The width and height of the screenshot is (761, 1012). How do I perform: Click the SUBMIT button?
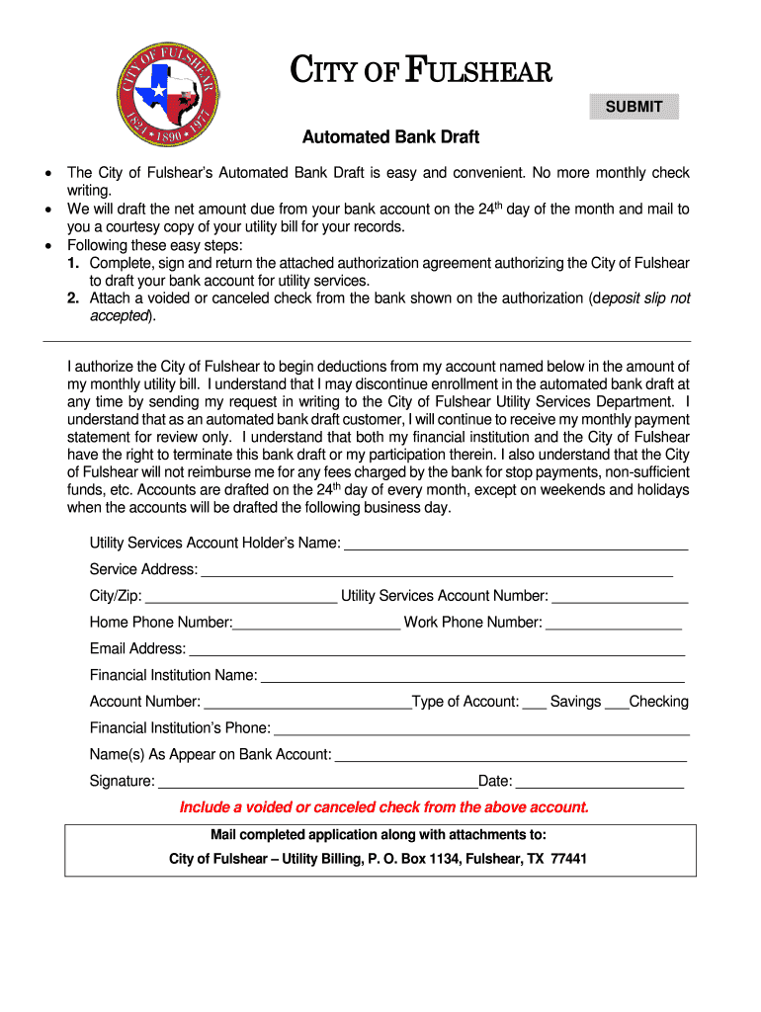[x=634, y=107]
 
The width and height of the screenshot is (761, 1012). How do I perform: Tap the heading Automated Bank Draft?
[x=390, y=137]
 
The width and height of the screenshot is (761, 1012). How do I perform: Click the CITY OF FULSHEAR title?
[x=420, y=73]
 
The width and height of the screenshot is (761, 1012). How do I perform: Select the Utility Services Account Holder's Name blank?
[x=515, y=544]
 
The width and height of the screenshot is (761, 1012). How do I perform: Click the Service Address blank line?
[x=436, y=570]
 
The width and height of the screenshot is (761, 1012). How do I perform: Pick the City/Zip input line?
[x=241, y=596]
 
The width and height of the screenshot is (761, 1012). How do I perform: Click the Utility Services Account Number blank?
[x=620, y=596]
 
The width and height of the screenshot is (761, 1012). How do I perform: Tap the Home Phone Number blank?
[x=316, y=623]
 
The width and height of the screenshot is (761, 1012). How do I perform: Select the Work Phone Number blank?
[x=614, y=623]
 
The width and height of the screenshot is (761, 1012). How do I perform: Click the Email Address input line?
[x=437, y=649]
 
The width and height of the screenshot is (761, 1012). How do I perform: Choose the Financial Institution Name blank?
[x=472, y=676]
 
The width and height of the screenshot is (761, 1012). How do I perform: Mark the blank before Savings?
[x=534, y=703]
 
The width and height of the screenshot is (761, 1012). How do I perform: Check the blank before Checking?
[x=615, y=703]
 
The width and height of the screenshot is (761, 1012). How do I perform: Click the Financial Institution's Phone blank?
[x=481, y=729]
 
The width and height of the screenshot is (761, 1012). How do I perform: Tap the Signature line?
[x=317, y=783]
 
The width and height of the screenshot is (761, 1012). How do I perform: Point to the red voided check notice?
[x=384, y=807]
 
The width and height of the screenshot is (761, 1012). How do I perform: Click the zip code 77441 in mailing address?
[x=569, y=859]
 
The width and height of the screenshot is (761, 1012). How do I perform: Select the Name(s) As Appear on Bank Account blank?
[x=511, y=756]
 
